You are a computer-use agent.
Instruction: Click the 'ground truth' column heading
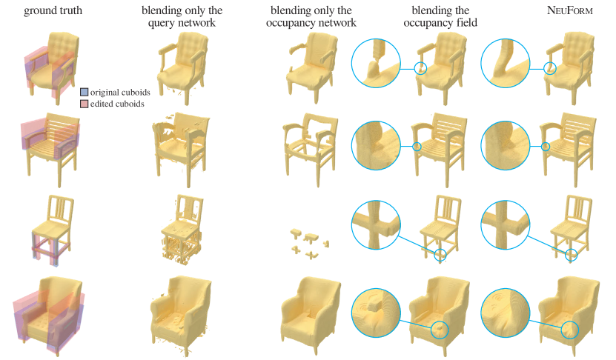coord(53,10)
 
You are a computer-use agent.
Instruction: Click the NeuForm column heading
coord(569,10)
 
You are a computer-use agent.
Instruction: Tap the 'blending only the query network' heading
coord(182,16)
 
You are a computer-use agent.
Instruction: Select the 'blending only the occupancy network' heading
coord(311,16)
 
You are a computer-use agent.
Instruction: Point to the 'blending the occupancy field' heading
coord(440,16)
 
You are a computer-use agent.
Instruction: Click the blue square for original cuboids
coord(84,93)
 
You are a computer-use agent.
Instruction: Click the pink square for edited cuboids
coord(84,104)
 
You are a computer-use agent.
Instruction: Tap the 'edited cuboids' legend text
coord(117,104)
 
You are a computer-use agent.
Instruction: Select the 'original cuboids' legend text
coord(120,93)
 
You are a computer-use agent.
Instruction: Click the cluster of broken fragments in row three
coord(310,244)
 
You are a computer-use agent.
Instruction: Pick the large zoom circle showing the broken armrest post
coord(376,63)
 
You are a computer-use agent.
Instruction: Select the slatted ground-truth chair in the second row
coord(50,148)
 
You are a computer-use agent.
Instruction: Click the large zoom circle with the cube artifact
coord(376,313)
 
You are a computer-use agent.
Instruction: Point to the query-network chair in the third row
coord(182,229)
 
